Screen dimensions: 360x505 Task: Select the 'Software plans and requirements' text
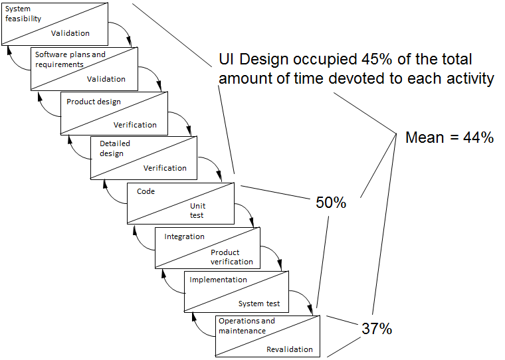coord(70,60)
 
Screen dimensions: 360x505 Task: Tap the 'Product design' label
coord(94,102)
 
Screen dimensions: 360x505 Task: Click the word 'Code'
coord(146,191)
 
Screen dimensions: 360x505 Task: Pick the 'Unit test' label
coord(198,211)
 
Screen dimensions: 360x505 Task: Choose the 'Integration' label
coord(184,236)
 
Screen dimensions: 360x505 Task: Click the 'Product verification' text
coord(231,257)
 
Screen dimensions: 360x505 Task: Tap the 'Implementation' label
coord(218,280)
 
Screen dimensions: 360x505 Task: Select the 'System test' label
coord(259,304)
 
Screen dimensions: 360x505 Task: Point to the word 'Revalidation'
coord(289,349)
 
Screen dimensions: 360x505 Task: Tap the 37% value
coord(377,328)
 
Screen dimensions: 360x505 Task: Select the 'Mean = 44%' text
coord(449,138)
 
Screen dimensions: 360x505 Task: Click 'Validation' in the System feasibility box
coord(70,33)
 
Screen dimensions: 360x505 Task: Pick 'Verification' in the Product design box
coord(135,125)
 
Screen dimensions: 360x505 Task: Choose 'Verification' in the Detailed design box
coord(165,168)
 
